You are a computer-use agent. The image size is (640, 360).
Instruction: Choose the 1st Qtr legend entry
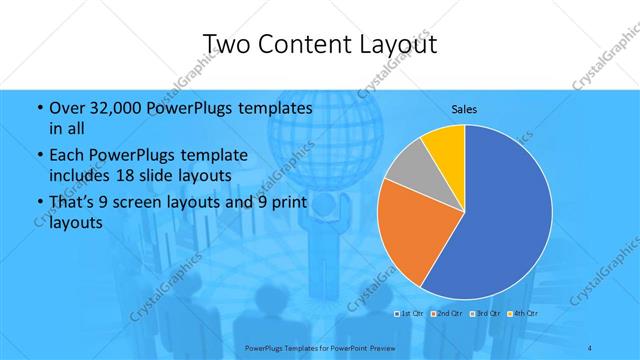[411, 314]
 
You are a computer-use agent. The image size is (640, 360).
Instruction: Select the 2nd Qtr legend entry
[447, 314]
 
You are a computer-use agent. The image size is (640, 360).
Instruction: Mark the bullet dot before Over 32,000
[39, 108]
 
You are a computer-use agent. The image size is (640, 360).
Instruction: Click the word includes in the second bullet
[78, 174]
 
